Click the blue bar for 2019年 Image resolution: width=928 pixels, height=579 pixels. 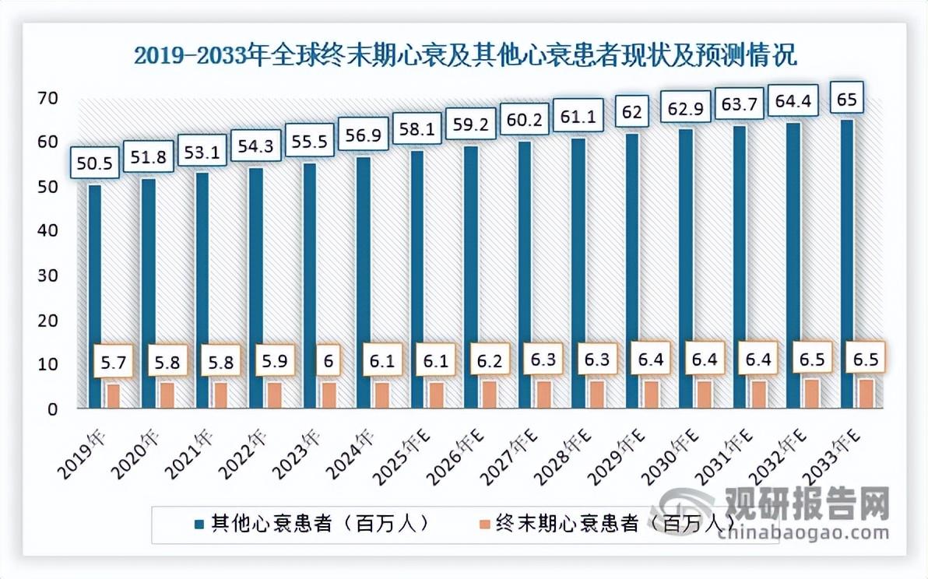(x=94, y=296)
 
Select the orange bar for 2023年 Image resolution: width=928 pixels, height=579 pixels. (x=329, y=395)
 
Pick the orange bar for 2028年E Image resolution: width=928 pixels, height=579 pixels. (x=597, y=394)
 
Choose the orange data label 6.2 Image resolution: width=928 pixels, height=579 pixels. (x=489, y=360)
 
